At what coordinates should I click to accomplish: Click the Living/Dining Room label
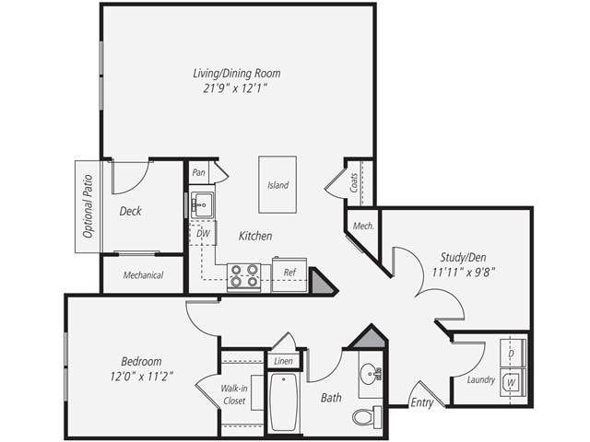pos(236,73)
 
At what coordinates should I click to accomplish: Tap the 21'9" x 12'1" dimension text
pos(236,88)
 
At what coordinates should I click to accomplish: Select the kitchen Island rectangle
pos(277,184)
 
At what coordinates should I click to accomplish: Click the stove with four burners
pos(244,275)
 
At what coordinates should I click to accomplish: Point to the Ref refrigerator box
pos(289,273)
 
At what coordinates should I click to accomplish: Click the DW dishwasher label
pos(203,234)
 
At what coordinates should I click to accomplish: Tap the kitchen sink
pos(202,204)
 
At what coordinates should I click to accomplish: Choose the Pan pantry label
pos(198,172)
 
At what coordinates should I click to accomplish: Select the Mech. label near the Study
pos(361,225)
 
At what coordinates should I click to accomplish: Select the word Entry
pos(421,402)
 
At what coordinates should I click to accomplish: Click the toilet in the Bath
pos(366,415)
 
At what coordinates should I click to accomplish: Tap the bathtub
pos(283,402)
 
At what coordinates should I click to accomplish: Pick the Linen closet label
pos(284,361)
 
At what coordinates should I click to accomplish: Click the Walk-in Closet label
pos(234,395)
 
